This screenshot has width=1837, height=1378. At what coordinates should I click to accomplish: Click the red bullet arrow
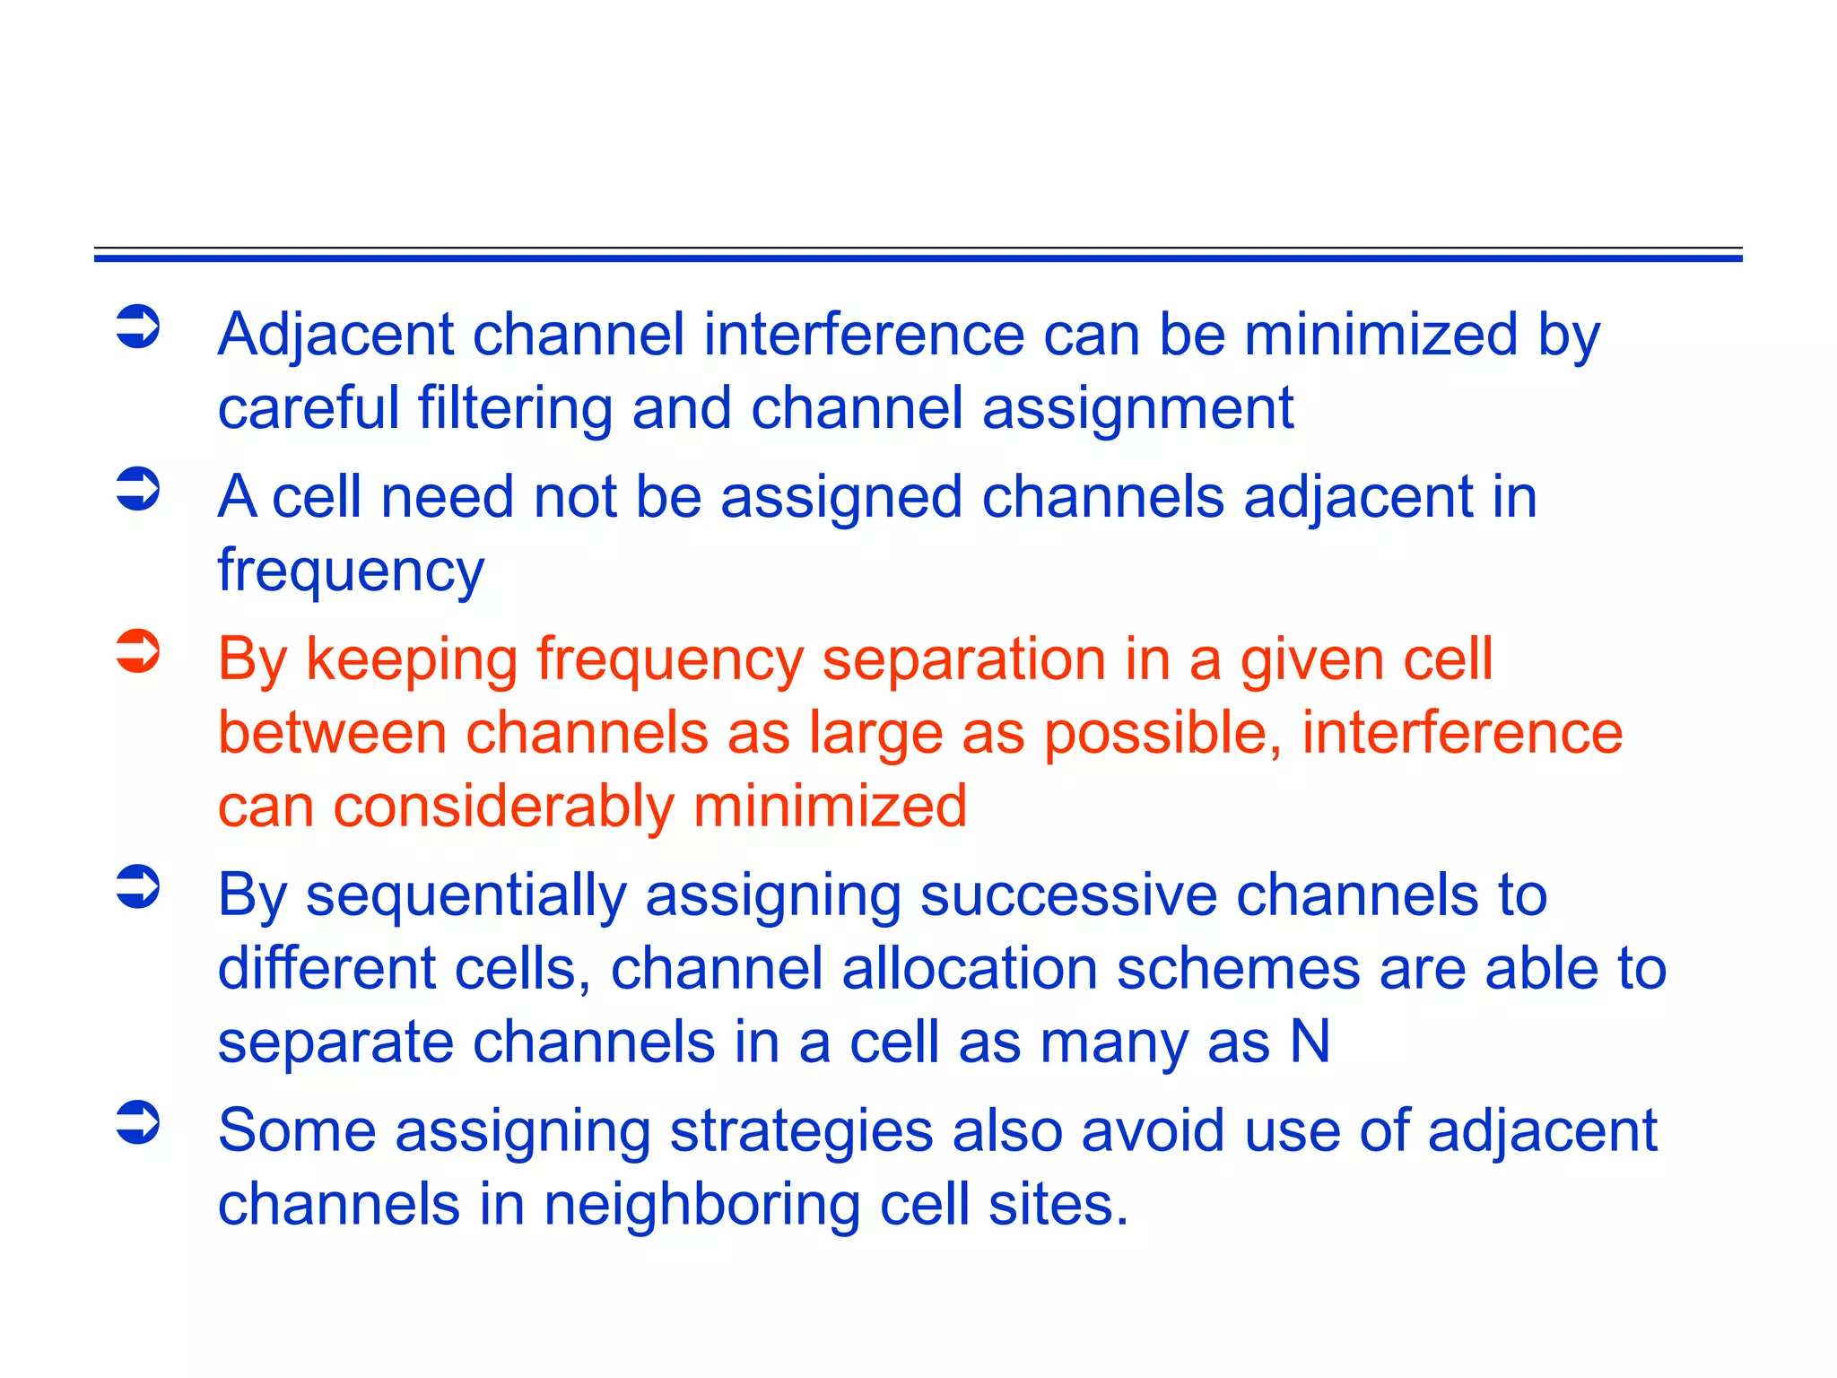pos(138,651)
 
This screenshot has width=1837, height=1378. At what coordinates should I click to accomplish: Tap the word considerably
pos(503,807)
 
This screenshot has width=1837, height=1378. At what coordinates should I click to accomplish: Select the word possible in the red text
pos(1162,735)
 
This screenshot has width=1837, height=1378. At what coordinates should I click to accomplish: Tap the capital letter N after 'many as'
pos(1310,1042)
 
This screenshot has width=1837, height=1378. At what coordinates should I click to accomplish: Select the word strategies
pos(801,1132)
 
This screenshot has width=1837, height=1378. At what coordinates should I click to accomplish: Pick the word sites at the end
pos(1058,1205)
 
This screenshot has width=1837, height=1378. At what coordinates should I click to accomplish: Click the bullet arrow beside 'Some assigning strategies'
pos(138,1122)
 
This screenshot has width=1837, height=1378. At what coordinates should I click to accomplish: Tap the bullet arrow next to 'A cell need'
pos(138,489)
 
